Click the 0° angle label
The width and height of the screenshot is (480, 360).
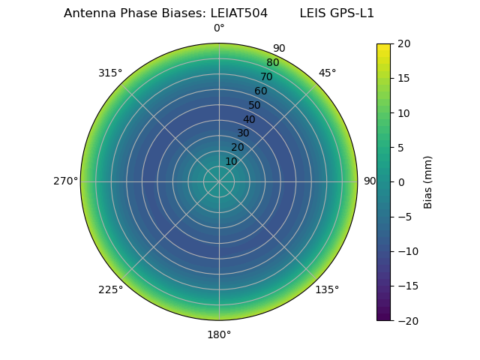point(219,28)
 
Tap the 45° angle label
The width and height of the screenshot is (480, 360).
point(328,73)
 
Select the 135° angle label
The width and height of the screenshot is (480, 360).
point(327,290)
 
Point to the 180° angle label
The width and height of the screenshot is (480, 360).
point(219,334)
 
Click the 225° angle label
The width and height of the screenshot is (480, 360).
point(110,290)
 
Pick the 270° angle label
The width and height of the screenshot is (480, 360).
point(65,181)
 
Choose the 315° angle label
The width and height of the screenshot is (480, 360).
point(110,73)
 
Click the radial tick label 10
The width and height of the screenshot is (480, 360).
point(231,161)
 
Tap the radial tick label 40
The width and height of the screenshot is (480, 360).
point(249,119)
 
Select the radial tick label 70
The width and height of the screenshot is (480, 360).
point(267,77)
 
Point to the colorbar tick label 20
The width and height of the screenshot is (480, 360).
point(404,44)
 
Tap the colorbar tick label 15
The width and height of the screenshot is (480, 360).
point(404,79)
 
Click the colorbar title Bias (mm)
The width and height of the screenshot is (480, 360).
point(428,182)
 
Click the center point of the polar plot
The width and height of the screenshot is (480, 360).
point(219,181)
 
